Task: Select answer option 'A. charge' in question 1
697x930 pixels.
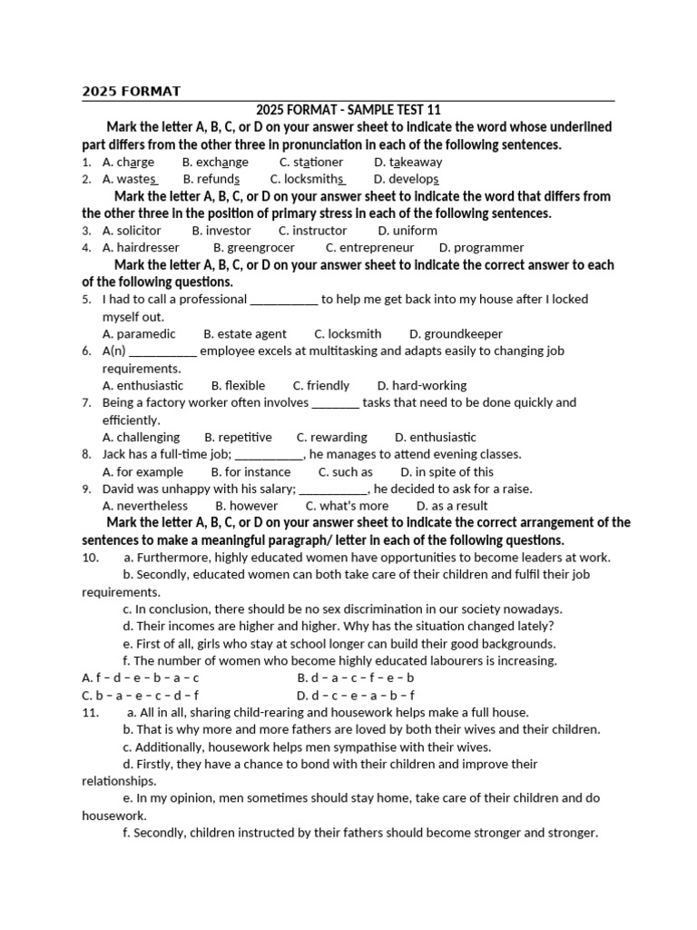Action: (128, 162)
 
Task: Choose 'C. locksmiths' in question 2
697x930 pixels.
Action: (308, 179)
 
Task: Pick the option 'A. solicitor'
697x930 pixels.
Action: (132, 231)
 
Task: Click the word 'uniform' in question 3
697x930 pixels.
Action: (415, 231)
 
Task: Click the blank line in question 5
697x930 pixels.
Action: (283, 299)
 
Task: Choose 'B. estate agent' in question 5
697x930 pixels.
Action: (245, 333)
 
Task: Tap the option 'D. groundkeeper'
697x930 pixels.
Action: (456, 333)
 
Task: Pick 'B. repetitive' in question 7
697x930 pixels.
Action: (239, 437)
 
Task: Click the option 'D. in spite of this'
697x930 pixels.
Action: (447, 471)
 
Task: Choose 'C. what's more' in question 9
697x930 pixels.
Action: (347, 506)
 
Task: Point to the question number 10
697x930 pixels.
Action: (90, 558)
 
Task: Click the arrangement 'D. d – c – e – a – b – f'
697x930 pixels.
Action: (356, 696)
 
